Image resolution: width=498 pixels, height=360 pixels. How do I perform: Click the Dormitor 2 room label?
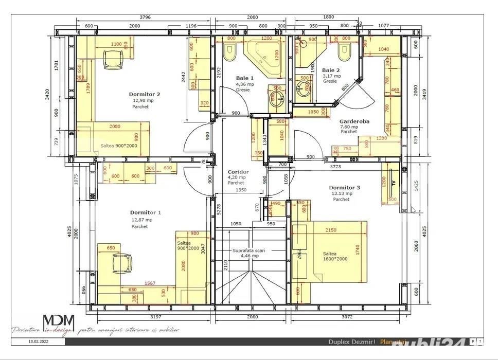tap(144, 95)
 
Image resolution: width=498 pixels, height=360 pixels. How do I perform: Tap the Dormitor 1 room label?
tap(145, 212)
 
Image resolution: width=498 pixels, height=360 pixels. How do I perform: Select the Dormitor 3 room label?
tap(344, 188)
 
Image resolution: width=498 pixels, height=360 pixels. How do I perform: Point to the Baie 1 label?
tap(245, 78)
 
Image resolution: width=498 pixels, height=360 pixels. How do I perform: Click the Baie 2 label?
tap(331, 70)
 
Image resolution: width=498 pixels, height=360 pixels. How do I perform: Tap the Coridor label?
tap(238, 172)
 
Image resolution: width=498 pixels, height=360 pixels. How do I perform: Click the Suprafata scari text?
tap(249, 251)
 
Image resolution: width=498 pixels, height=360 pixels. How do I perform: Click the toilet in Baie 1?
tap(229, 51)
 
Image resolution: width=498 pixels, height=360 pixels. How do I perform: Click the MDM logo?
tap(58, 322)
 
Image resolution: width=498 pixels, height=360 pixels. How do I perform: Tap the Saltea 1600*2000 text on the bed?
tap(335, 256)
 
